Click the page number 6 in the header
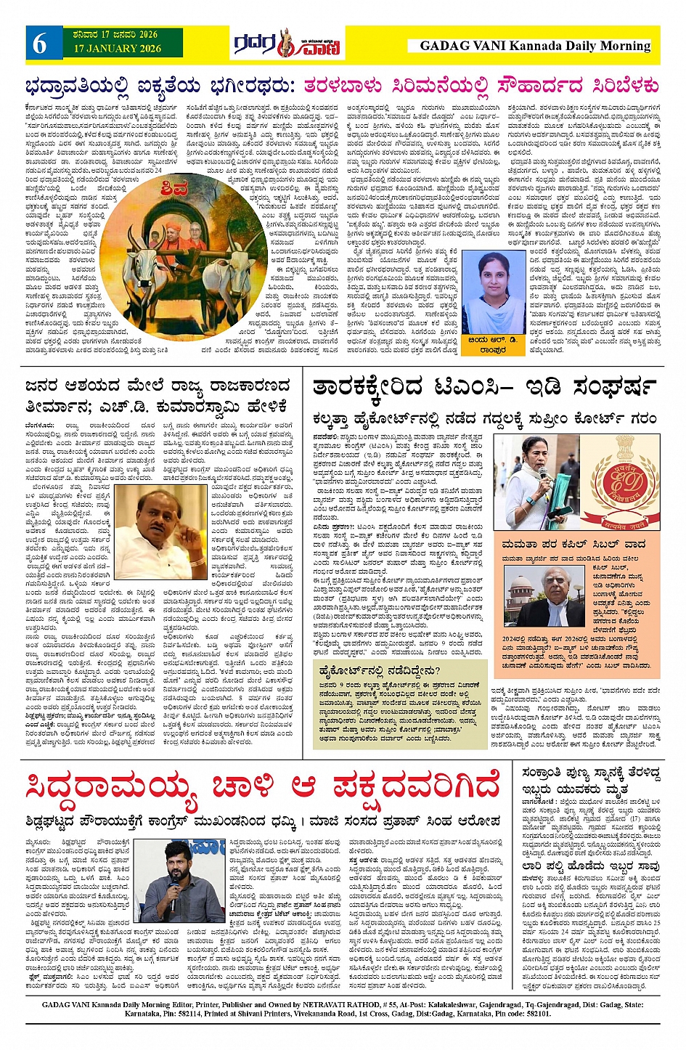(39, 44)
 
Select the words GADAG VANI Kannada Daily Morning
(535, 46)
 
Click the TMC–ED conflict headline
(485, 387)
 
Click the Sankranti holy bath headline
(590, 780)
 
